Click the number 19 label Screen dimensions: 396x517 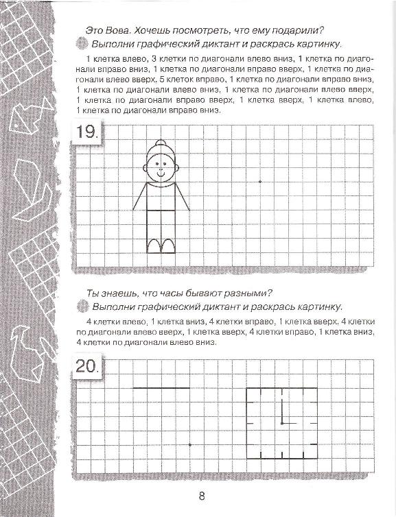pos(88,132)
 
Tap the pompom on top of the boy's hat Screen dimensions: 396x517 pos(161,144)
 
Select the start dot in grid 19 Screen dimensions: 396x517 pos(259,182)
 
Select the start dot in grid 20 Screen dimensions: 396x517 pos(189,445)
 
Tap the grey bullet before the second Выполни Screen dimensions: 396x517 pos(82,306)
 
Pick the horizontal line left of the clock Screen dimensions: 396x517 pos(161,388)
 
